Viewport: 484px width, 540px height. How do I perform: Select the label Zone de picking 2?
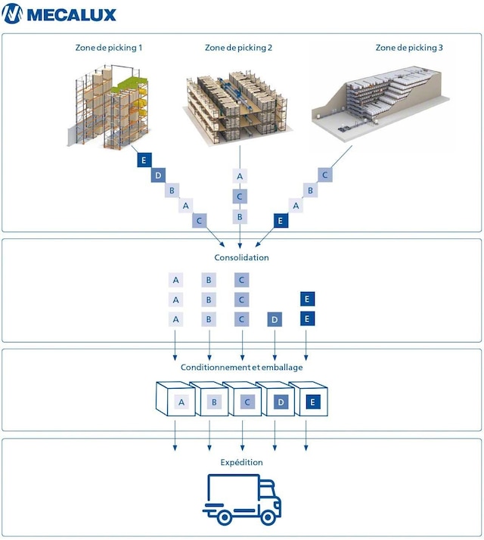pos(239,48)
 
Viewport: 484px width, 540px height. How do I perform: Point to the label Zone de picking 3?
pos(409,48)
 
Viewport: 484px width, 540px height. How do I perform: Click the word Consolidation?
pos(241,257)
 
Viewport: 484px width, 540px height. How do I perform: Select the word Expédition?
pos(241,461)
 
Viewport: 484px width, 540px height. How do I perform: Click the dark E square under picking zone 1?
pos(142,160)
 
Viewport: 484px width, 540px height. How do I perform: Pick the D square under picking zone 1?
pos(157,175)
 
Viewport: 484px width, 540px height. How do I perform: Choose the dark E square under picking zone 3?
pos(281,220)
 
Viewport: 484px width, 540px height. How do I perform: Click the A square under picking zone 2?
pos(240,176)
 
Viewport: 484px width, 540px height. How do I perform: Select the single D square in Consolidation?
pos(274,319)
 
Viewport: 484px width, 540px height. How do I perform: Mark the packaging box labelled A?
pos(176,402)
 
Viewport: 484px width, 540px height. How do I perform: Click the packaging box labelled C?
pos(243,402)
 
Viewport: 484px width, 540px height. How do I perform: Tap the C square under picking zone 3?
pos(324,175)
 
